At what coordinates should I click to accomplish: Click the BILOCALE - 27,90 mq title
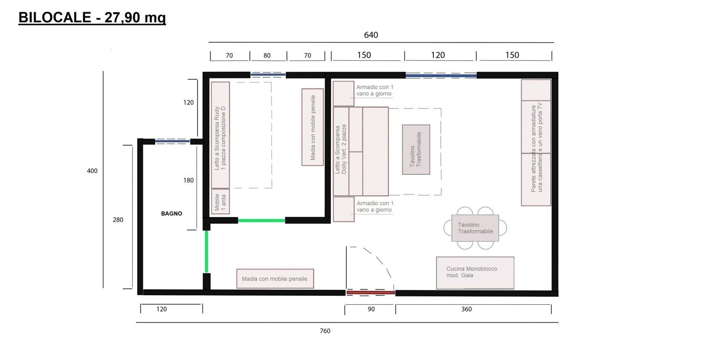[x=92, y=18]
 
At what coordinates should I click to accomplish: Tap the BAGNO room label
[x=171, y=214]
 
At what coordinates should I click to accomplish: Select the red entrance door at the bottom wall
[x=371, y=293]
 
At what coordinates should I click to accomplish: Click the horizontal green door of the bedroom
[x=261, y=220]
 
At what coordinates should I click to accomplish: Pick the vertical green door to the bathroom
[x=206, y=251]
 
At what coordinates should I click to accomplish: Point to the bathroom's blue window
[x=173, y=142]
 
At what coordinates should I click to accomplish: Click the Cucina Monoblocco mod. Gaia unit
[x=475, y=273]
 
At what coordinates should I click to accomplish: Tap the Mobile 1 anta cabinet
[x=220, y=201]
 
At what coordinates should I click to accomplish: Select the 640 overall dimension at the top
[x=371, y=35]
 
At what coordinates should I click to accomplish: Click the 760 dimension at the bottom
[x=325, y=331]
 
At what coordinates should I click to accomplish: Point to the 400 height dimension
[x=92, y=171]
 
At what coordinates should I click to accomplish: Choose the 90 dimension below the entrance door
[x=371, y=309]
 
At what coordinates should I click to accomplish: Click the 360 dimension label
[x=466, y=309]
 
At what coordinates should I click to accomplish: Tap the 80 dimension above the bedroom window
[x=267, y=55]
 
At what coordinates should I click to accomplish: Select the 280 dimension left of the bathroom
[x=118, y=220]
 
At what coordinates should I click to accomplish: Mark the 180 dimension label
[x=188, y=180]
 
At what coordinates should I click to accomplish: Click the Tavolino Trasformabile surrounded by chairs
[x=475, y=228]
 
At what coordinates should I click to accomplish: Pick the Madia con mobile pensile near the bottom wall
[x=275, y=279]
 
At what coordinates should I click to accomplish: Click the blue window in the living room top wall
[x=441, y=75]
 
